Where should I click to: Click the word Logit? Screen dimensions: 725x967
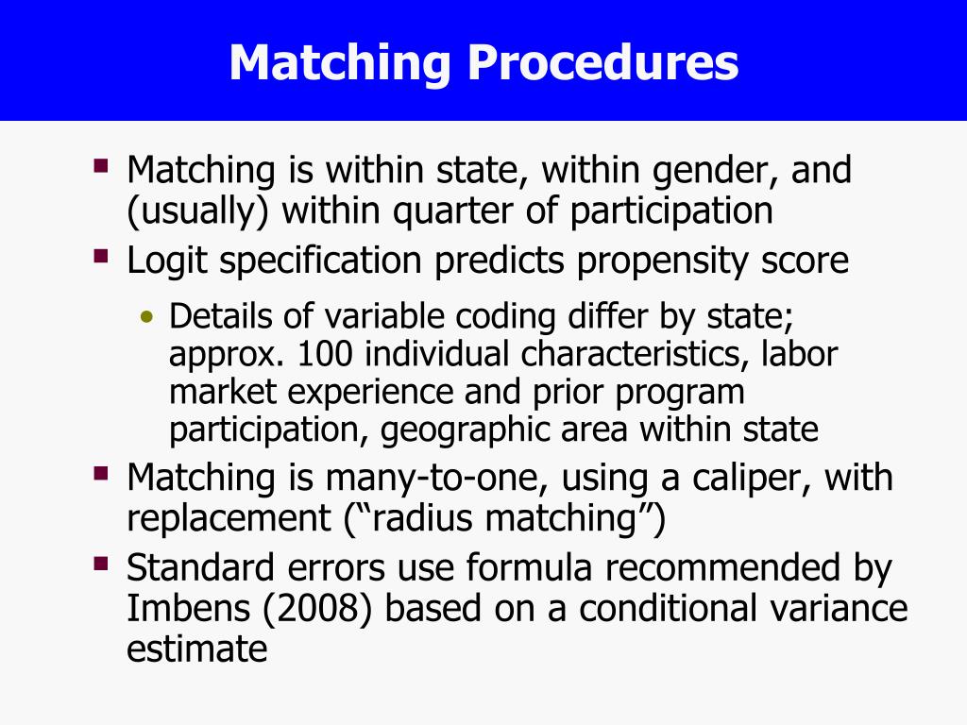[x=167, y=260]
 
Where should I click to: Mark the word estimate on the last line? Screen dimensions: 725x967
[x=197, y=649]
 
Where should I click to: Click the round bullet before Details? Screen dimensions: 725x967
[x=145, y=317]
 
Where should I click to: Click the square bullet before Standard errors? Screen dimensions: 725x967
[x=101, y=564]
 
